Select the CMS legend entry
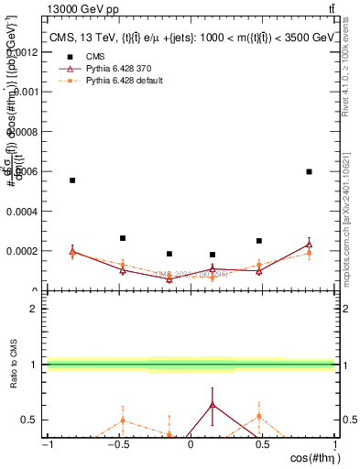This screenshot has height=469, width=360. coord(95,57)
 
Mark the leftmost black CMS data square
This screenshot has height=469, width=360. coord(72,180)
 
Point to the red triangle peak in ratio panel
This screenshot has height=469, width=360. coord(213,404)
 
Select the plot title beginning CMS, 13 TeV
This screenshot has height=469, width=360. coord(191,38)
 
